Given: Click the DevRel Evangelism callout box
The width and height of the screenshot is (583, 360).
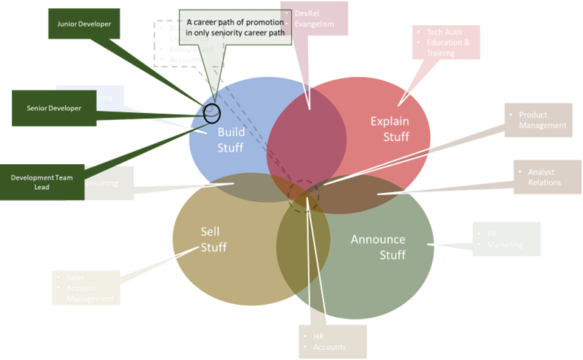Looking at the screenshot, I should coord(316,19).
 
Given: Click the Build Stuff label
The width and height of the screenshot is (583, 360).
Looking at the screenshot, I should coord(230,140).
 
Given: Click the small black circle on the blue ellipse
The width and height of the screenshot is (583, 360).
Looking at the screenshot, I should coord(212,113).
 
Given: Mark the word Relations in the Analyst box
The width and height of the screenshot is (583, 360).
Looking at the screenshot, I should coord(545,183).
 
